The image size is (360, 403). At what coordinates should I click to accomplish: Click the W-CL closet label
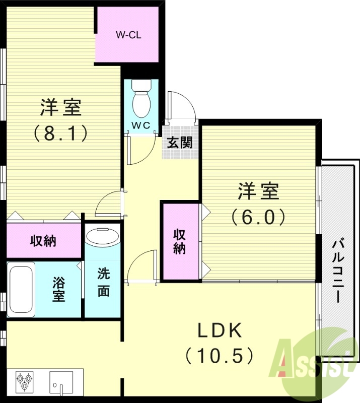[x=128, y=35]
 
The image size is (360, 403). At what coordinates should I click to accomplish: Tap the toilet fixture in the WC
[x=141, y=101]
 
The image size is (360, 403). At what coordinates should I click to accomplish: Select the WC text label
[x=141, y=125]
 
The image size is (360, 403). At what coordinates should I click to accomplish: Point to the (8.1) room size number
[x=61, y=133]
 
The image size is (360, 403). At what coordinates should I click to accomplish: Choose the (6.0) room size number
[x=258, y=217]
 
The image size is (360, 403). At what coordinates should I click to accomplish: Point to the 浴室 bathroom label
[x=59, y=288]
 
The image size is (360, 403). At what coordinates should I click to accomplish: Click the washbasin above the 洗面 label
[x=102, y=236]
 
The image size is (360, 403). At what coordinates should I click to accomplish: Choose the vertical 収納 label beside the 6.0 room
[x=180, y=241]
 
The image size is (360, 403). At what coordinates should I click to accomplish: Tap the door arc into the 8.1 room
[x=108, y=204]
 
